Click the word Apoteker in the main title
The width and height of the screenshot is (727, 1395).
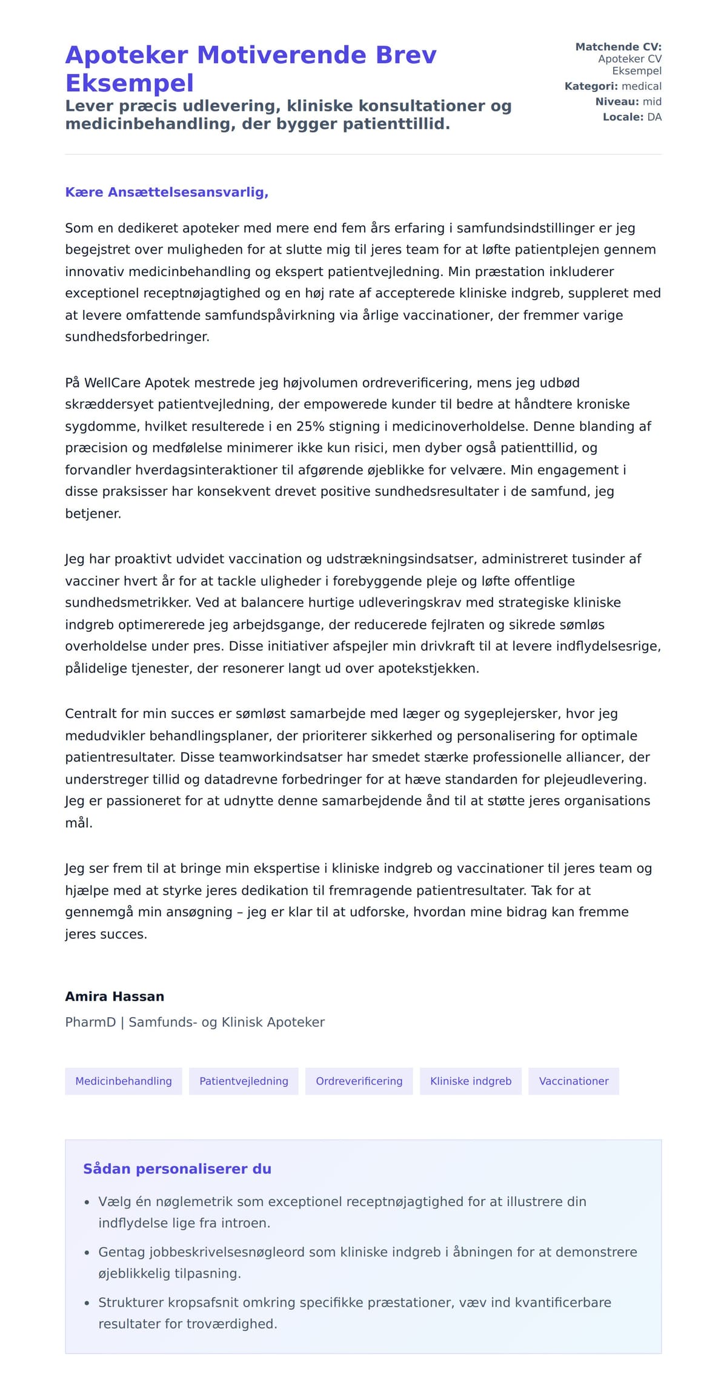(127, 55)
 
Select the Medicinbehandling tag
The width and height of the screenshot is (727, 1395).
(124, 1081)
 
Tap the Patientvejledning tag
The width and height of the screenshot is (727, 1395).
(244, 1081)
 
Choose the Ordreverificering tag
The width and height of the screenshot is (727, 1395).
(359, 1081)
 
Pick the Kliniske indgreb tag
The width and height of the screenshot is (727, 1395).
(471, 1081)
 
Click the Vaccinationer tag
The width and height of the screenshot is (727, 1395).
(574, 1081)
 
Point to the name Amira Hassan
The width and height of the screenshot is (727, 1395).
(115, 996)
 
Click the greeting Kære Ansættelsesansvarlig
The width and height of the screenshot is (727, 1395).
(167, 192)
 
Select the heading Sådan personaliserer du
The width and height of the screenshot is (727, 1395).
(177, 1169)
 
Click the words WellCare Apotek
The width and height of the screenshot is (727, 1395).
(129, 383)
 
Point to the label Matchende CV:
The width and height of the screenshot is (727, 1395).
(618, 47)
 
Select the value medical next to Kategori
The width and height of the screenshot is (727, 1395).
(642, 86)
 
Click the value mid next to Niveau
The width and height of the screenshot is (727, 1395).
(652, 102)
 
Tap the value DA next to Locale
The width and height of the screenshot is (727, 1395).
(654, 117)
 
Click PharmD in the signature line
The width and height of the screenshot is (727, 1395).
(90, 1022)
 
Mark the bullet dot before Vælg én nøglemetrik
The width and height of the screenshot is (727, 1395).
(87, 1202)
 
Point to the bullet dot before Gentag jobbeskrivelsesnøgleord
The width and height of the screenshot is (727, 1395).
(87, 1253)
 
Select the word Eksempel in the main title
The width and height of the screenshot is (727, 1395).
(130, 83)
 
